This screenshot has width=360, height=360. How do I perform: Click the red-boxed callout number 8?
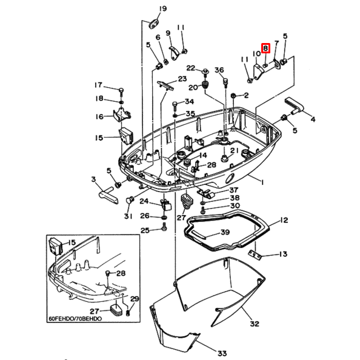click(264, 47)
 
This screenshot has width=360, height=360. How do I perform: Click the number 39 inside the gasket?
click(225, 233)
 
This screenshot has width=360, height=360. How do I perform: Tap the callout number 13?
click(283, 254)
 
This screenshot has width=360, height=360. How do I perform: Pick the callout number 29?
click(135, 299)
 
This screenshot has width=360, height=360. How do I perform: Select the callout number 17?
click(98, 85)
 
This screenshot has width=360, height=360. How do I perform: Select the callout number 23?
click(181, 79)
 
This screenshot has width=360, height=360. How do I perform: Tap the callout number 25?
click(145, 230)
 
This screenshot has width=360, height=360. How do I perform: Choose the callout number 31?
click(128, 216)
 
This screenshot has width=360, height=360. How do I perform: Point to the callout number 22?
click(190, 68)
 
